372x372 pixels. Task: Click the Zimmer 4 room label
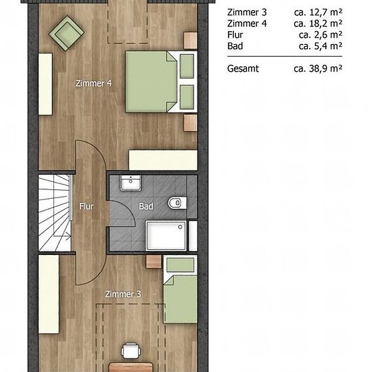click(93, 83)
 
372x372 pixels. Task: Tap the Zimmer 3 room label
click(123, 294)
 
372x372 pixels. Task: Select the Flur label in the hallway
click(87, 206)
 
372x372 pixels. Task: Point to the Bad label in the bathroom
click(146, 206)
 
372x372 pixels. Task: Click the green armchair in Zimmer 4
click(66, 33)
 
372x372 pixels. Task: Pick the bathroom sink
click(131, 183)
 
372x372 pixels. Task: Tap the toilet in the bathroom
click(177, 203)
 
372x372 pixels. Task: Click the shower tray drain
click(180, 227)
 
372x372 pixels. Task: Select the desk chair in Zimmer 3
click(131, 350)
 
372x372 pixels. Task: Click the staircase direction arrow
click(62, 236)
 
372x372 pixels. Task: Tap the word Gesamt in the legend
click(243, 68)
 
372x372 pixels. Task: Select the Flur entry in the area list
click(235, 35)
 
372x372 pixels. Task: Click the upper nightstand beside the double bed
click(191, 41)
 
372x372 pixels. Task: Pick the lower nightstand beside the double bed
click(191, 123)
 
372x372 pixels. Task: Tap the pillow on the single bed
click(181, 265)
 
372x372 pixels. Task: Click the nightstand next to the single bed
click(154, 262)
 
